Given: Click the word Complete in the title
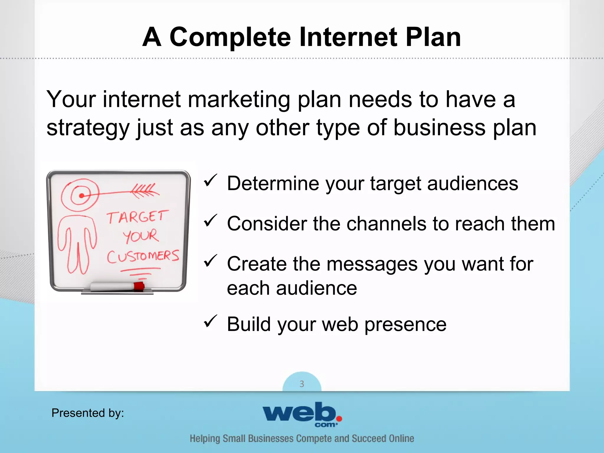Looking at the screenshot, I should (x=230, y=37).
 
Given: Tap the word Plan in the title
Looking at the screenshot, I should (x=433, y=37).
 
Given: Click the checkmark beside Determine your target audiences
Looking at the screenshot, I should (x=210, y=180).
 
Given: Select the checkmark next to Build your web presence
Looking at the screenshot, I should (x=210, y=321).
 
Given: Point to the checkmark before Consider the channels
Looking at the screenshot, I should (x=210, y=221).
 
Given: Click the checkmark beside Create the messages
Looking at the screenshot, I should (x=210, y=261).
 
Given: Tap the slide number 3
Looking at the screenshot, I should (x=302, y=384).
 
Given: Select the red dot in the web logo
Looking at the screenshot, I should (x=339, y=418).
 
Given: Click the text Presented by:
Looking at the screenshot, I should (x=88, y=413).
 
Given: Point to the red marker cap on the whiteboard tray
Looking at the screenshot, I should (x=139, y=286).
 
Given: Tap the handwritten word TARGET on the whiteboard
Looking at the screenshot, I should (x=137, y=217).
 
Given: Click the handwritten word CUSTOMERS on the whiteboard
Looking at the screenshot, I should (x=143, y=256).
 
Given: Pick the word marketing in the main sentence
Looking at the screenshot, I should (x=239, y=99).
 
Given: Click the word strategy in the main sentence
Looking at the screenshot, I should (x=88, y=128).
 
